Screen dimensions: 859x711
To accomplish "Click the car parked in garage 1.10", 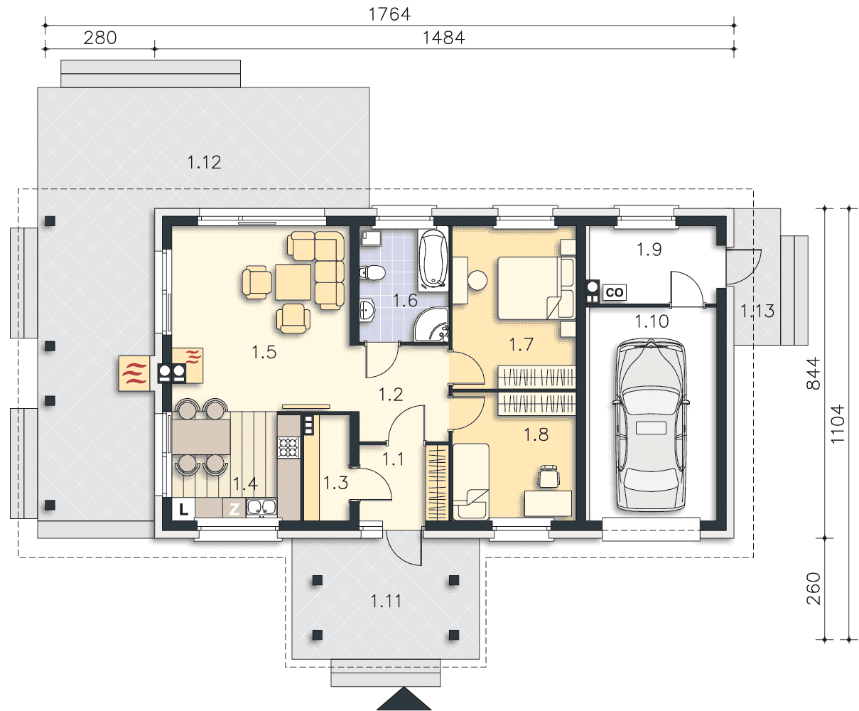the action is click(x=651, y=425).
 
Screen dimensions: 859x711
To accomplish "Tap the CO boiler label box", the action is click(x=615, y=292).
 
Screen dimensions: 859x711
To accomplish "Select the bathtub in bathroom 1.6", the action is click(x=433, y=259).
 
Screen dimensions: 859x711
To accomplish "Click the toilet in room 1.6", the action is click(x=372, y=272).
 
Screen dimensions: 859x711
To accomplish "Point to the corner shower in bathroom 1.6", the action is click(x=431, y=324).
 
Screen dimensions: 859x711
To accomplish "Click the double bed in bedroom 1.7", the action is click(x=536, y=288).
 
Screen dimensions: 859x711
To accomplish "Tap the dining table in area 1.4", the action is click(x=201, y=437).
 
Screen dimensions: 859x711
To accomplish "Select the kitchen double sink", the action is click(x=261, y=507).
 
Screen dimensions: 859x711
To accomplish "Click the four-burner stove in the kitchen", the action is click(x=288, y=447).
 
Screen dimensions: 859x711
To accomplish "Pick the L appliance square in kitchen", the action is click(x=183, y=510).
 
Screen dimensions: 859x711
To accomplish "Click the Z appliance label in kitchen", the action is click(x=234, y=509).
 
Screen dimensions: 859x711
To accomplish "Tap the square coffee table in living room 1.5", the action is click(x=293, y=282).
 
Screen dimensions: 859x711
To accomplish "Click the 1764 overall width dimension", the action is click(x=389, y=14).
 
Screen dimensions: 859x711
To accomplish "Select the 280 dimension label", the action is click(x=100, y=38).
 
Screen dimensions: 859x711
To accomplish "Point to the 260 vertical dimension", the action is click(x=814, y=588).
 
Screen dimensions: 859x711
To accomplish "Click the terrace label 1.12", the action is click(x=204, y=162).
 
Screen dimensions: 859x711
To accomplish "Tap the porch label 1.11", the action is click(x=386, y=601).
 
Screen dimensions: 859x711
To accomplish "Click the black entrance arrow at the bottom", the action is click(x=404, y=699).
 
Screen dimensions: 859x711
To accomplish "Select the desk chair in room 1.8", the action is click(x=549, y=477).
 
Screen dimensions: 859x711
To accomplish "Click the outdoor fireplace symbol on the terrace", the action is click(x=134, y=373).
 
